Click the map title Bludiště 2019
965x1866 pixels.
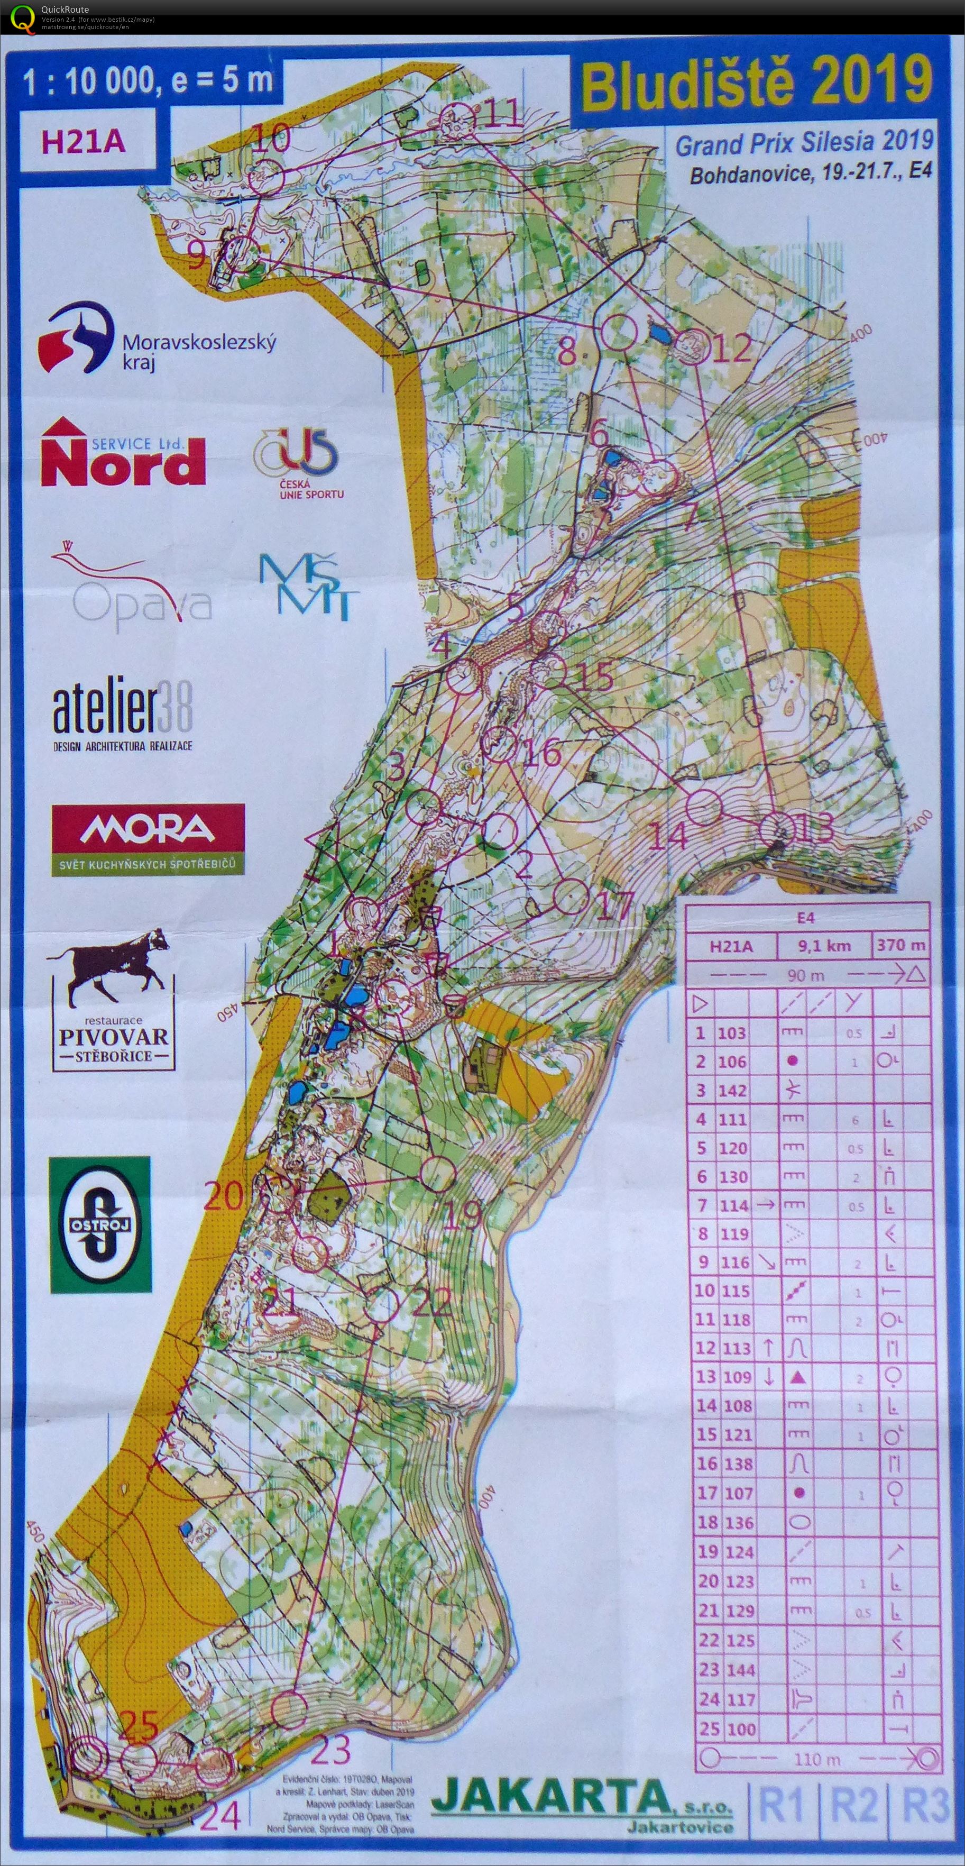click(x=757, y=84)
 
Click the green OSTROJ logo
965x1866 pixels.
click(x=100, y=1224)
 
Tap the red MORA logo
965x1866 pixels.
click(x=148, y=838)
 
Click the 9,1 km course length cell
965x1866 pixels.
click(x=824, y=945)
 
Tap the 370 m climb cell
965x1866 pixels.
click(x=900, y=945)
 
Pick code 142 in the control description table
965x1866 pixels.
click(x=732, y=1090)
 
